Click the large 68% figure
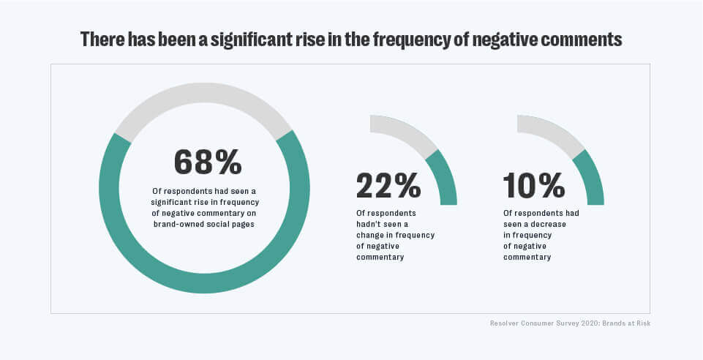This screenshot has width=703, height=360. (x=208, y=162)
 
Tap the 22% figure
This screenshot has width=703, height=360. (x=388, y=186)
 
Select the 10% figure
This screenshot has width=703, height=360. (x=534, y=186)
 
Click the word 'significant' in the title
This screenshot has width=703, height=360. (x=246, y=40)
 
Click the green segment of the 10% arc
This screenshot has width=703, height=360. (x=590, y=179)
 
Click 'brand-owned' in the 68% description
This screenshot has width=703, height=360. (x=181, y=225)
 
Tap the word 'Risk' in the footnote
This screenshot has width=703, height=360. (x=642, y=323)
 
